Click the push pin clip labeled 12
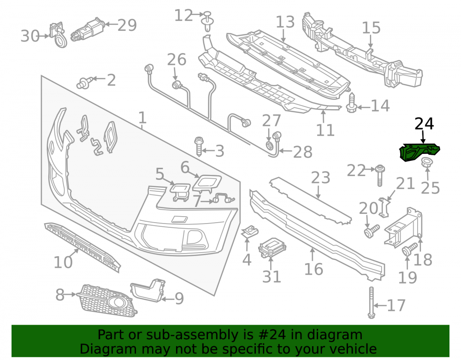click(208, 22)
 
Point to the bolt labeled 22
click(380, 175)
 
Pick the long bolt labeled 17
click(371, 302)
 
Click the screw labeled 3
click(199, 146)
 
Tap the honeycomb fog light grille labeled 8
click(107, 301)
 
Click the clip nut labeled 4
click(249, 231)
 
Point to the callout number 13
click(285, 22)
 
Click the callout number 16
click(313, 269)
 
